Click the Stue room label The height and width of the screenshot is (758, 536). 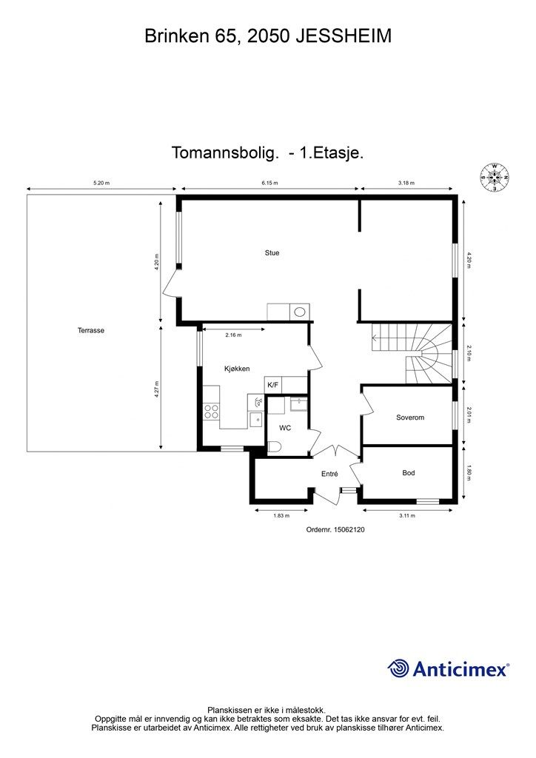[x=272, y=253]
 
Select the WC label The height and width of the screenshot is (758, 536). [x=285, y=428]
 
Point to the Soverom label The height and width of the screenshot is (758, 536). [x=409, y=417]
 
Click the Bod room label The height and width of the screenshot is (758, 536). [x=408, y=473]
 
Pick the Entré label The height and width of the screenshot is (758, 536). [x=329, y=474]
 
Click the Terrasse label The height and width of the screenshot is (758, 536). [x=90, y=331]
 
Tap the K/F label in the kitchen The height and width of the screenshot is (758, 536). [x=272, y=385]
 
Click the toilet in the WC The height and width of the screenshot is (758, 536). [x=274, y=446]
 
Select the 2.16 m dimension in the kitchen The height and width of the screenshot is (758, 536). [x=232, y=335]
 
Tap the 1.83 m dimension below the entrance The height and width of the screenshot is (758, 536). [x=281, y=515]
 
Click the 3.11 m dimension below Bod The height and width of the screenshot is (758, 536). [x=406, y=515]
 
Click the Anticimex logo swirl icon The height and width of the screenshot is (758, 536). [x=398, y=669]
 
